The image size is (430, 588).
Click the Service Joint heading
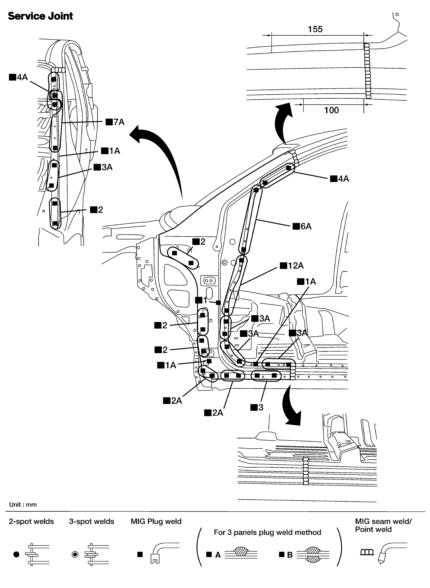[40, 16]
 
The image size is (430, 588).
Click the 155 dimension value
[315, 29]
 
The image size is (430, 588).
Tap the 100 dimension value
[331, 110]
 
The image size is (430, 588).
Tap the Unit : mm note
[23, 504]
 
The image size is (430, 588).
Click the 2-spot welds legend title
[31, 521]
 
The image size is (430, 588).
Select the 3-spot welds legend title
[92, 521]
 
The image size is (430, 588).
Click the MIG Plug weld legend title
[156, 521]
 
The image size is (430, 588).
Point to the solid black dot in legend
[16, 555]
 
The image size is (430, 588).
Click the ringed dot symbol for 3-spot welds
[75, 555]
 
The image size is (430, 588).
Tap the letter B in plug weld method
[290, 555]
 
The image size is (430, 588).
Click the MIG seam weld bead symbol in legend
[367, 552]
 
